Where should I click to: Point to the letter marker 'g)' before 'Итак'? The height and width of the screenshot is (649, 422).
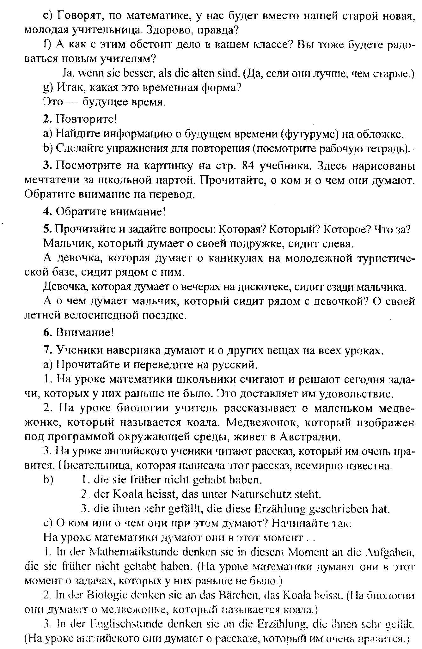click(x=48, y=88)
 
